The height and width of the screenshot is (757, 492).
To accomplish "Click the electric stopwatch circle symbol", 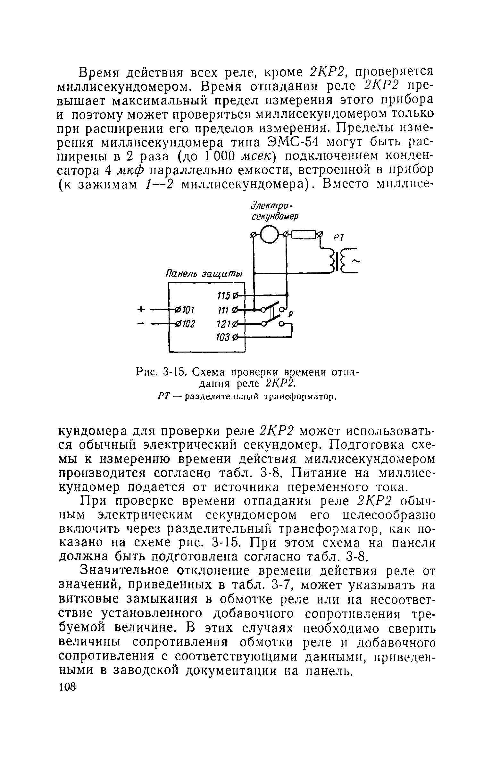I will (x=270, y=235).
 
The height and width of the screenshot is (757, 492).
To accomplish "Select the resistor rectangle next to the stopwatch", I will (x=302, y=235).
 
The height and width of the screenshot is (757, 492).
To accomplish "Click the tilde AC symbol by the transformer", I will (x=356, y=261).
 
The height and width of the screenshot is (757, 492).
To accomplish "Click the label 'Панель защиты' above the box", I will (x=204, y=275).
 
